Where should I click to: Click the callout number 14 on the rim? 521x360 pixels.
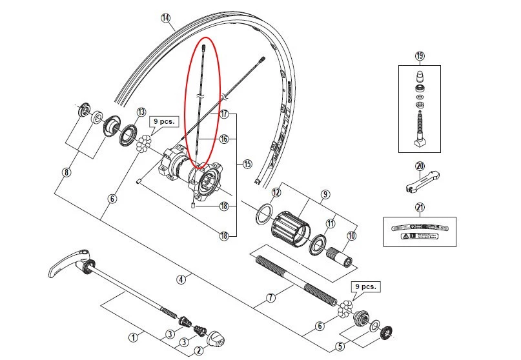[167, 18]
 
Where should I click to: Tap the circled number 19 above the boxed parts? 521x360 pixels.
[420, 56]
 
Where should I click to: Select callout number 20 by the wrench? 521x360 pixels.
[420, 166]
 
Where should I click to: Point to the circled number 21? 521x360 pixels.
[420, 207]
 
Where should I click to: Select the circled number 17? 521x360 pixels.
[224, 114]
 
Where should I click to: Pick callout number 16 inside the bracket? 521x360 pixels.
[224, 139]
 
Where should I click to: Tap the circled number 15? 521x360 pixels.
[247, 165]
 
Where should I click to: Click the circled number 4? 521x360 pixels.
[180, 279]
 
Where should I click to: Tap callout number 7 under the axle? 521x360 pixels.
[271, 299]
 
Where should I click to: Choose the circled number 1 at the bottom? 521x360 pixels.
[133, 336]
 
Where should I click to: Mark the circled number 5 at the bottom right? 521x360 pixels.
[340, 346]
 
